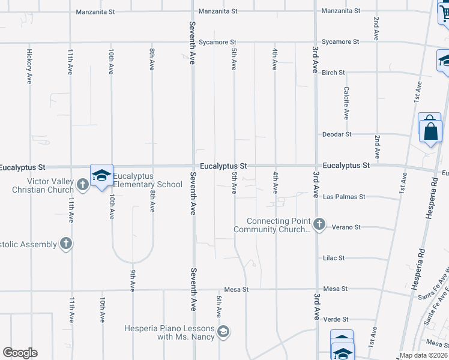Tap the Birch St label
pos(333,73)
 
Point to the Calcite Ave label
pos(346,103)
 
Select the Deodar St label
pos(336,134)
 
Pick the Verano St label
pos(348,227)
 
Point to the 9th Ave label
pos(132,280)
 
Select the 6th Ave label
pos(219,305)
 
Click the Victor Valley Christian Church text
pos(43,185)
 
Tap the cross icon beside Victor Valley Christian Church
pos(83,185)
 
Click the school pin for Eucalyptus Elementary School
pos(101,175)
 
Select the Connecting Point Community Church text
pos(279,225)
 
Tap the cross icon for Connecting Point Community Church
pos(319,224)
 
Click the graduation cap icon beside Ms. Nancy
pos(223,332)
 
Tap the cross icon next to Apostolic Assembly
pos(66,244)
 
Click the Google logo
pos(20,353)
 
